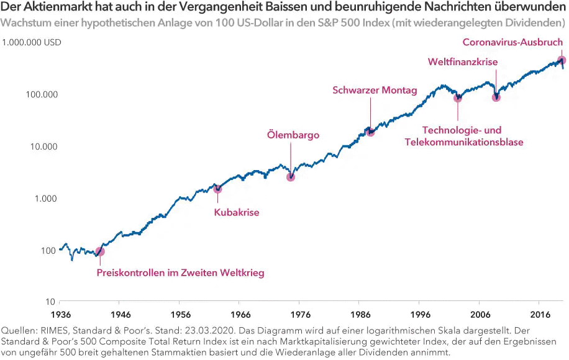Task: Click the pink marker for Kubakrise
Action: (217, 189)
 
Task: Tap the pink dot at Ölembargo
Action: (290, 177)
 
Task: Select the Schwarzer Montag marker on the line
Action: (370, 132)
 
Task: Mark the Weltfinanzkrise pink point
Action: (496, 97)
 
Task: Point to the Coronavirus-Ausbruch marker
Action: (561, 60)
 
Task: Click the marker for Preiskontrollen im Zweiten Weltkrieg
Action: (100, 251)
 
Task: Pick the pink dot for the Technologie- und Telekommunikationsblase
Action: (458, 97)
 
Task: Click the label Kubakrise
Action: (236, 213)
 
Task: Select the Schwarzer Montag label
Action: (375, 90)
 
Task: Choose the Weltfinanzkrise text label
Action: (463, 62)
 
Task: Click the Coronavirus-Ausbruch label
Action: (513, 42)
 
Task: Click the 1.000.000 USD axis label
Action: (31, 43)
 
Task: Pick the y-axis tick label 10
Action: (48, 302)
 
